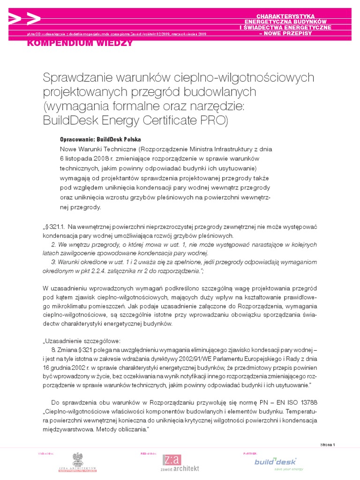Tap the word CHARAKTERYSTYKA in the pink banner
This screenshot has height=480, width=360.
click(x=289, y=16)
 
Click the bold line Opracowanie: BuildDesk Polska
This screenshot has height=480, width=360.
click(x=100, y=140)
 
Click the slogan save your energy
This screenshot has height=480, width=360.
click(x=289, y=469)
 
